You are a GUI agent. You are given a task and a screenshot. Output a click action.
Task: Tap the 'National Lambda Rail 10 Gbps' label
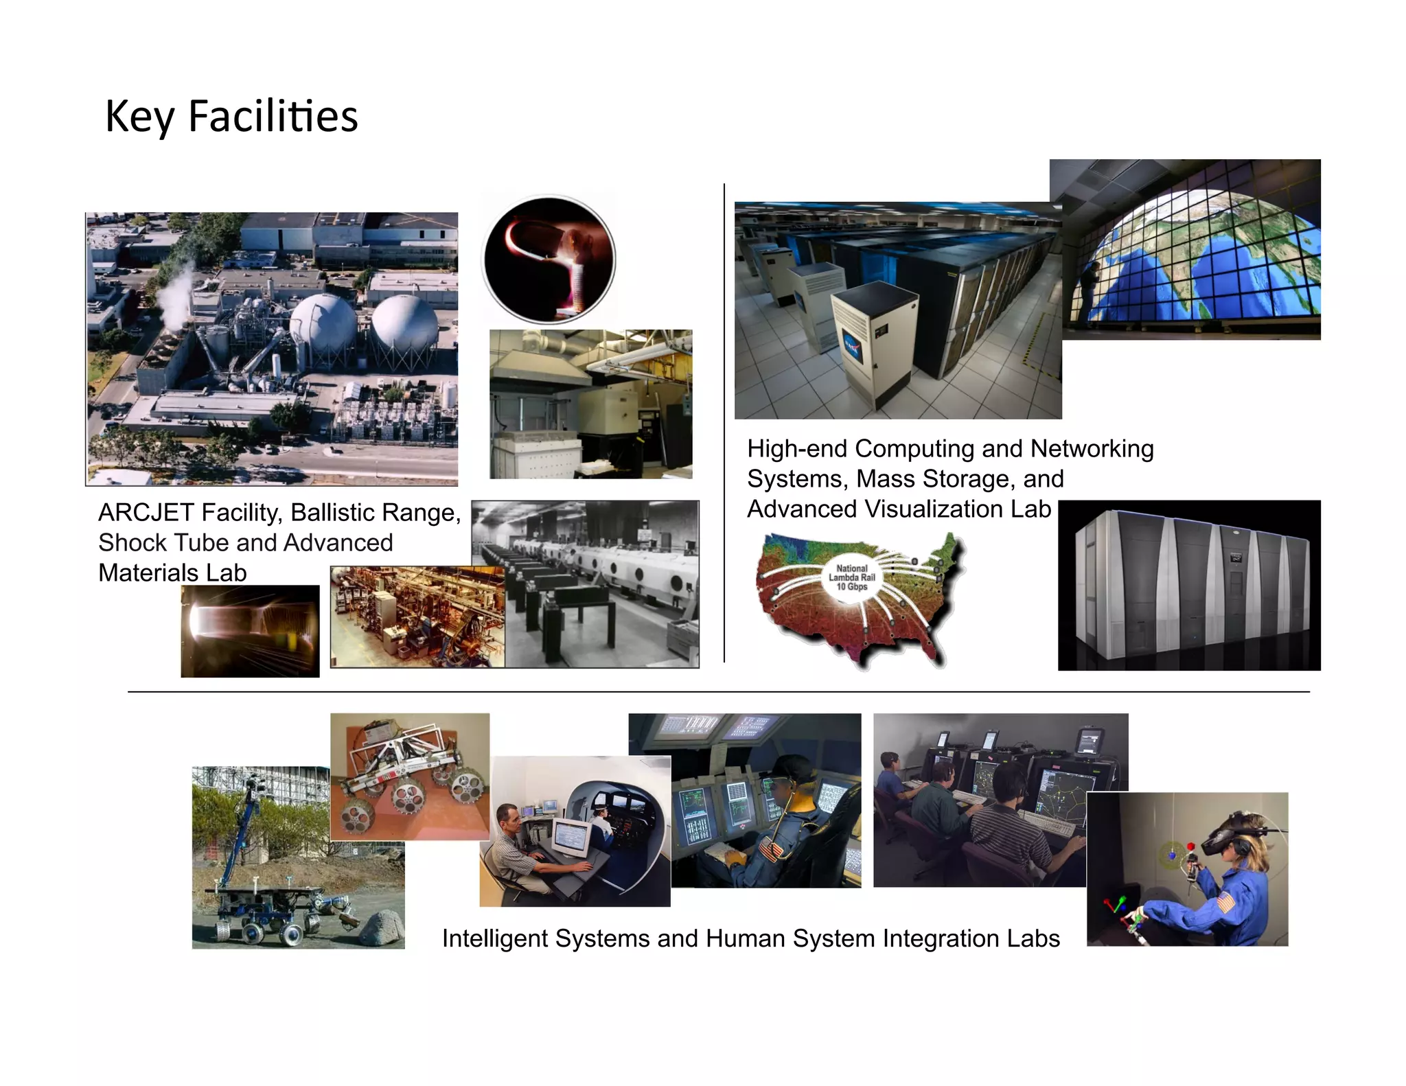[851, 577]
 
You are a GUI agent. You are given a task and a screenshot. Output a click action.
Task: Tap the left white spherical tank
[323, 323]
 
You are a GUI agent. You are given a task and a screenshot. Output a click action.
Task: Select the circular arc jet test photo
[549, 259]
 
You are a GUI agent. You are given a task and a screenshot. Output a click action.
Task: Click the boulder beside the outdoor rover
[381, 928]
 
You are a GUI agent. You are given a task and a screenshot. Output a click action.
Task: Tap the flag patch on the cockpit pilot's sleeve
[771, 852]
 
